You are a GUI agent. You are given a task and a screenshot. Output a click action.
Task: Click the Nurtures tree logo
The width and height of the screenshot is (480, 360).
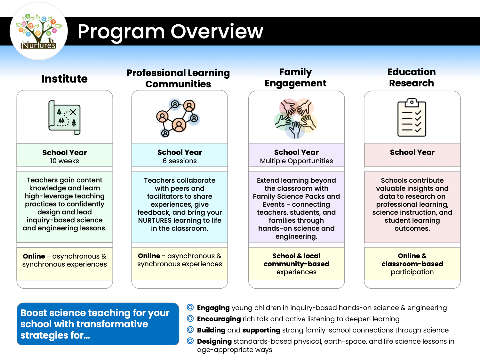coord(39,31)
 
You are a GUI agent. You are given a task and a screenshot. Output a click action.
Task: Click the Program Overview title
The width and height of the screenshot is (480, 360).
coord(170,31)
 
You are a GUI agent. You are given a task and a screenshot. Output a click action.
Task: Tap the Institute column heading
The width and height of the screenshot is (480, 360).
coord(65,79)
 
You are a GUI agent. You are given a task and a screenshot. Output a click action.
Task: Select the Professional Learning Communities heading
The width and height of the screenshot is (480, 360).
coord(178,78)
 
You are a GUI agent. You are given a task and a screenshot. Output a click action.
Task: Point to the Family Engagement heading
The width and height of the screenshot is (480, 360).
coord(295,77)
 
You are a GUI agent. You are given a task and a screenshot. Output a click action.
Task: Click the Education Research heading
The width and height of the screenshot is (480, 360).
coord(412,77)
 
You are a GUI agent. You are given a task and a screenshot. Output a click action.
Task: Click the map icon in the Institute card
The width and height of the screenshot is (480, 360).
coord(65,117)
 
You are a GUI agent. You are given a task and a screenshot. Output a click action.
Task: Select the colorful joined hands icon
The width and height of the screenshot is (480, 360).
coord(296,118)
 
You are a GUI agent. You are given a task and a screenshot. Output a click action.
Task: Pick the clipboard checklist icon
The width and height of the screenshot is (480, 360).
coord(412,117)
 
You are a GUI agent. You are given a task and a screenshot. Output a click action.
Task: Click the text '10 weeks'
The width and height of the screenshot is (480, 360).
coord(64,161)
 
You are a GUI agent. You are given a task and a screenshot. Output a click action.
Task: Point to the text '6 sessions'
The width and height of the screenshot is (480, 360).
coord(180,161)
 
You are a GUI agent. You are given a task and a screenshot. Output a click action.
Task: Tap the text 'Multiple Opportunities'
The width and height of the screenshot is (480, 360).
coord(296,161)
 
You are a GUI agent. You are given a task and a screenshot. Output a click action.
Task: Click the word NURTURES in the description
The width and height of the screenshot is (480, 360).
coord(155,220)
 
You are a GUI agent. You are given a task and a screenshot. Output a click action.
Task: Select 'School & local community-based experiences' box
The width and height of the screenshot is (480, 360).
coord(296,264)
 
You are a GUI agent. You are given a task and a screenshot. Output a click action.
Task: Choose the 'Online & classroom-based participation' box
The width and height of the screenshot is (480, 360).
coord(412,264)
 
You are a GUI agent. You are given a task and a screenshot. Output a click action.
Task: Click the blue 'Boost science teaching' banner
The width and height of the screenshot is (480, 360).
coord(98,324)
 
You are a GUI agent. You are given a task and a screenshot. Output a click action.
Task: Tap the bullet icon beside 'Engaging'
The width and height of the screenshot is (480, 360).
coord(190,308)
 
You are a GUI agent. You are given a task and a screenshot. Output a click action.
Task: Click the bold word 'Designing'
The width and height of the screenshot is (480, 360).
coord(214,341)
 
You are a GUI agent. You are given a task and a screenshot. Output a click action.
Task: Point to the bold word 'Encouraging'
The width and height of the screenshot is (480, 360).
coord(219,319)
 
